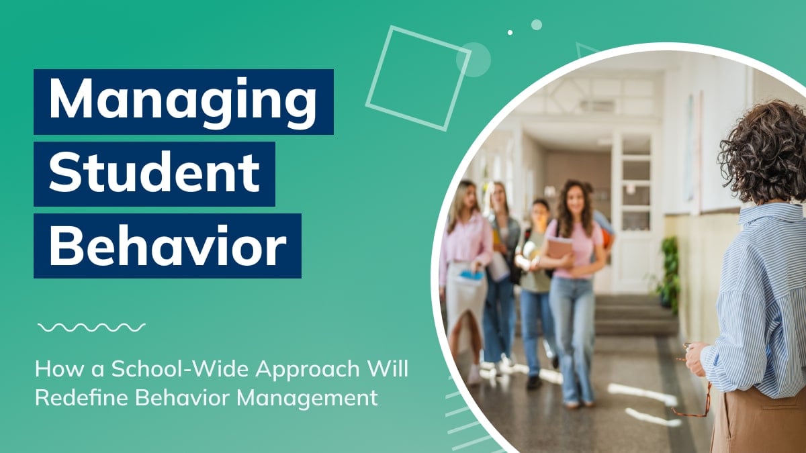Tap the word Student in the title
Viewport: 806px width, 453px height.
[154, 172]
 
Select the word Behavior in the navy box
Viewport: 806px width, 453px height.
[168, 245]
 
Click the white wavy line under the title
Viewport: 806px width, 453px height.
[91, 328]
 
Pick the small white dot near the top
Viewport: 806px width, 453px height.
[510, 32]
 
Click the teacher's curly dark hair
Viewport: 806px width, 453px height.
[764, 153]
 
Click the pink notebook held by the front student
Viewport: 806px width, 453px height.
[560, 252]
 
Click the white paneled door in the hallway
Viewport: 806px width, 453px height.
[636, 212]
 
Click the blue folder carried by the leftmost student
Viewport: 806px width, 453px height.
[472, 276]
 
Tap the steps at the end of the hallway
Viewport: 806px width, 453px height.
[635, 315]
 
